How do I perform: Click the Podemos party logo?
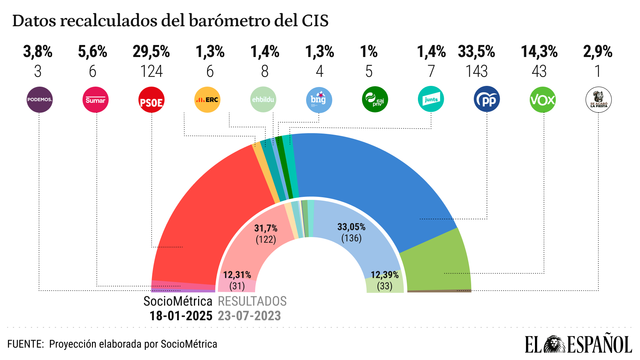coord(39,100)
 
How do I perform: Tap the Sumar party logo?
coord(95,100)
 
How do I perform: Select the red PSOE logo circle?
coord(152,100)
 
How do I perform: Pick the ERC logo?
coord(207,100)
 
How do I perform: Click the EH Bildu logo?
coord(263,100)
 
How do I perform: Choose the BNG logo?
coord(318,100)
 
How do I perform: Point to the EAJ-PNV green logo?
coord(375,100)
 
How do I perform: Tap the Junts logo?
coord(431,99)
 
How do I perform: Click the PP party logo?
coord(487,99)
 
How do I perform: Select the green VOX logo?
coord(542,100)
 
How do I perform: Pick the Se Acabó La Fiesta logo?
coord(598,100)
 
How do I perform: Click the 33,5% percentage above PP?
coord(476,52)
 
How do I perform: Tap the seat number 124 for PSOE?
coord(152,71)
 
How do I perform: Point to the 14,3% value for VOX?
coord(539,52)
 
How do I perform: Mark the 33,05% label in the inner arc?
coord(351,227)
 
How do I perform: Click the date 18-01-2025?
coord(181,316)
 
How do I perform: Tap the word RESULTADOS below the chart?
coord(252,301)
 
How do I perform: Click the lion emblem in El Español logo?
coord(554,344)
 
